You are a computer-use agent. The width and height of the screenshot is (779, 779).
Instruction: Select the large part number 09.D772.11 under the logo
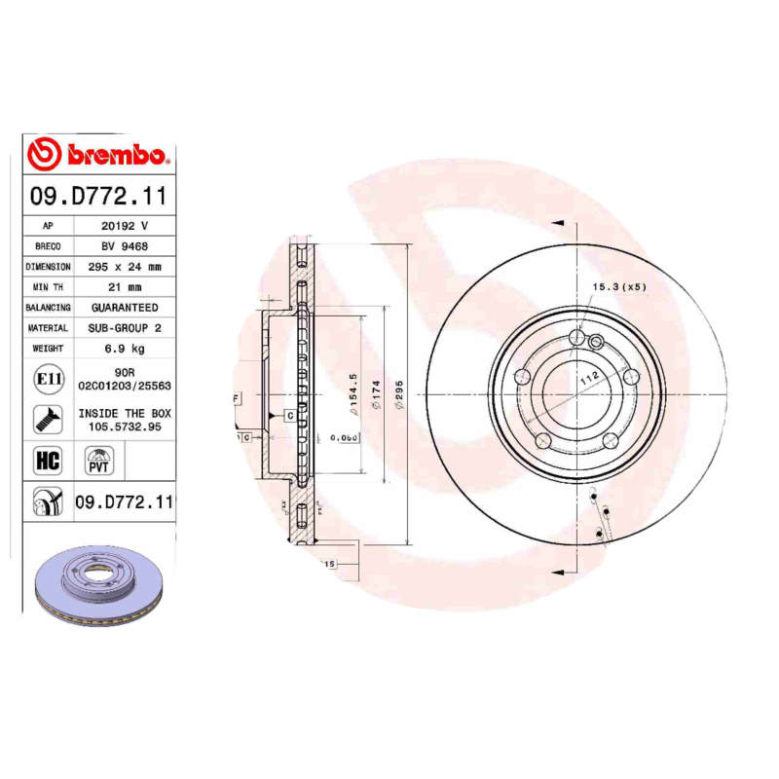coord(98,196)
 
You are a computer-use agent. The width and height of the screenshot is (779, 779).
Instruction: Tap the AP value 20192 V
coord(125,225)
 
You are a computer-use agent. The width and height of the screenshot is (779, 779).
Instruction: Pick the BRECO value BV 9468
coord(125,245)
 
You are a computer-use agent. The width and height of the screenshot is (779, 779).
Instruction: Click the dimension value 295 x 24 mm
coord(125,266)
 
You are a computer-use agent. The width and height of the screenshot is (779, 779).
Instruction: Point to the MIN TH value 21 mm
coord(125,286)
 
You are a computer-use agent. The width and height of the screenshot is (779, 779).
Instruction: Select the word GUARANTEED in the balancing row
coord(125,307)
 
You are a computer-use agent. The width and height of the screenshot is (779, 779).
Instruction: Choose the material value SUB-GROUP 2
coord(125,328)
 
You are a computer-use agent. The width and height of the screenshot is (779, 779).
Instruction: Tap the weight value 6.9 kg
coord(125,349)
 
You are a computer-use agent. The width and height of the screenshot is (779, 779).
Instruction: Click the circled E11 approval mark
coord(47,379)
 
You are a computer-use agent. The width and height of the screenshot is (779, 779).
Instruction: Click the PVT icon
coord(99,461)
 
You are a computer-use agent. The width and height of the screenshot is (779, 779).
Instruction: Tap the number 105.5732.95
coord(125,427)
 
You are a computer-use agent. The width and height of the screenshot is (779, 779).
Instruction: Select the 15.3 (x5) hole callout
coord(619,287)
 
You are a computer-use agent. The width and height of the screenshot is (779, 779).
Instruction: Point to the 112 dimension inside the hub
coord(588,382)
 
